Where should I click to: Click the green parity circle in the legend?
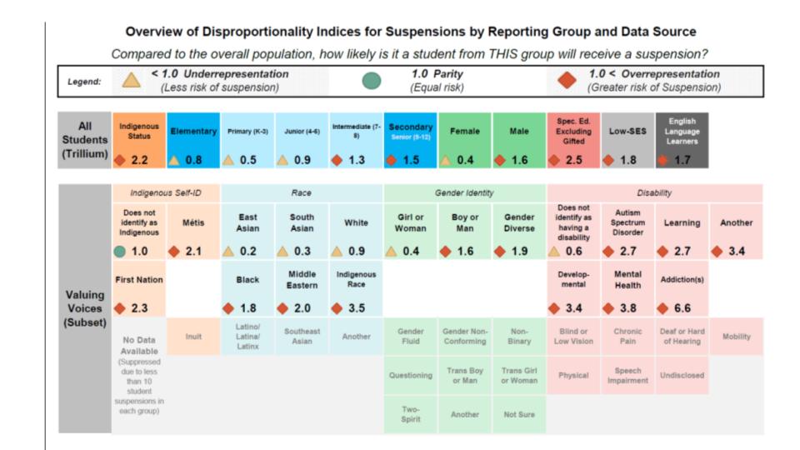tap(372, 80)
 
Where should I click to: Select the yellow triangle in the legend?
tap(131, 80)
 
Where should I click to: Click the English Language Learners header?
tap(682, 132)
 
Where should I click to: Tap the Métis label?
tap(193, 222)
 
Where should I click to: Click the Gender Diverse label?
tap(519, 222)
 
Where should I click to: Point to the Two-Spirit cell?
tap(410, 414)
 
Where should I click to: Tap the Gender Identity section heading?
tap(464, 192)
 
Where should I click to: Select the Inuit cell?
tap(193, 337)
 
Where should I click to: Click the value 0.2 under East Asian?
tap(248, 251)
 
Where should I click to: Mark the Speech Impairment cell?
tap(627, 375)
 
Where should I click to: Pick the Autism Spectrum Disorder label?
tap(627, 222)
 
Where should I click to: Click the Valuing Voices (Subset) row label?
tap(84, 308)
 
